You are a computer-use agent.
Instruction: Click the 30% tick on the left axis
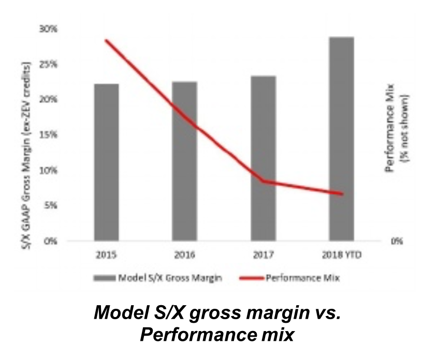click(48, 29)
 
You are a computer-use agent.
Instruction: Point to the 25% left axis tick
click(48, 65)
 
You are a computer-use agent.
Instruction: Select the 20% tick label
click(48, 100)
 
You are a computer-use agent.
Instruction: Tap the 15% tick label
click(48, 135)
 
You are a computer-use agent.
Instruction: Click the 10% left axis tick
click(48, 170)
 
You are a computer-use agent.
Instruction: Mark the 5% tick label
click(50, 205)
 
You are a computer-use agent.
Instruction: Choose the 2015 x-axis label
click(106, 256)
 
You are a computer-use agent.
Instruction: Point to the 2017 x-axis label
click(263, 256)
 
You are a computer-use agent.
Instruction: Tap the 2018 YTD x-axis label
click(341, 256)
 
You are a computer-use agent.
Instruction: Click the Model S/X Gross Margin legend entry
click(158, 278)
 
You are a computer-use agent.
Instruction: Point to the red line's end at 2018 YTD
click(342, 194)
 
